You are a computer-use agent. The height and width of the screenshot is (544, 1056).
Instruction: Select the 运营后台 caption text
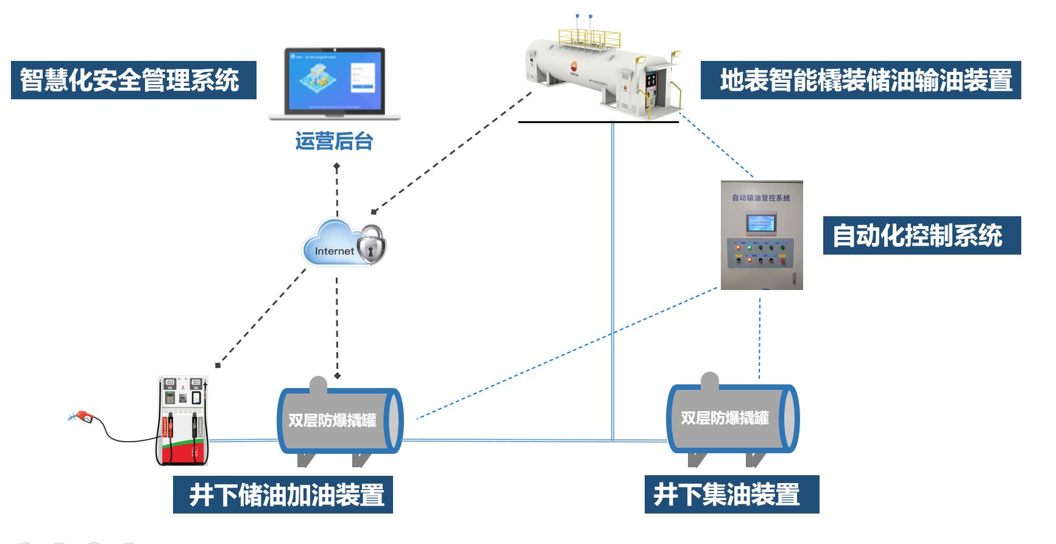[334, 141]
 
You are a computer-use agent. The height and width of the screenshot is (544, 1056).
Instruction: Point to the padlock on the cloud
[371, 244]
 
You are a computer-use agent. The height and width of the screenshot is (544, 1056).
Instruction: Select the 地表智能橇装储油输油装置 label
[860, 80]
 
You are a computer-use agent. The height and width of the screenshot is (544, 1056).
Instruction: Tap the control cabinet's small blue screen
[762, 224]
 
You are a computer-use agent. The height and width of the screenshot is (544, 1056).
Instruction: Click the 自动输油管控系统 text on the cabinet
[761, 198]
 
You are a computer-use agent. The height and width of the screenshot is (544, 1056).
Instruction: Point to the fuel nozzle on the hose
[82, 417]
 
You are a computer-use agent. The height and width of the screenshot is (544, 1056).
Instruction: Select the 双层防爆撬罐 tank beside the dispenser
[339, 421]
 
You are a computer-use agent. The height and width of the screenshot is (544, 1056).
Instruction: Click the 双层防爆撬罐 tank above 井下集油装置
[731, 419]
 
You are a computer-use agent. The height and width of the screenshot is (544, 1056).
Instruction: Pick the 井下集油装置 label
[732, 494]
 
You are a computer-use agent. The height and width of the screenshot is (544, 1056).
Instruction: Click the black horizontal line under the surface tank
[598, 122]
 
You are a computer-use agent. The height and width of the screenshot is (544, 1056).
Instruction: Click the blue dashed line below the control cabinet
[759, 338]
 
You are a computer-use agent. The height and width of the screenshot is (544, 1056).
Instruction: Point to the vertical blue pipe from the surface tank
[612, 280]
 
